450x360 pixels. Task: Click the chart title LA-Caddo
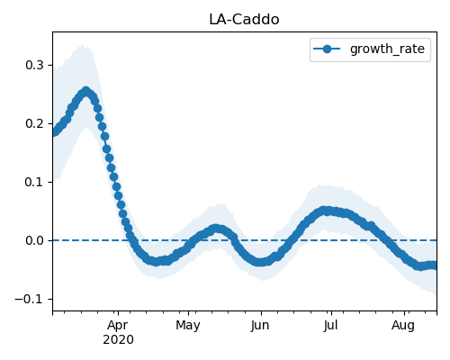click(244, 20)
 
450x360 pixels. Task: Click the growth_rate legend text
click(387, 49)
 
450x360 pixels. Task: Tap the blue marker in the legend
click(327, 49)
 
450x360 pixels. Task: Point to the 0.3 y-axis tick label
click(35, 65)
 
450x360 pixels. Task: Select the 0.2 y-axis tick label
click(35, 123)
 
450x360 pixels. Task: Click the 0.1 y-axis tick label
click(35, 182)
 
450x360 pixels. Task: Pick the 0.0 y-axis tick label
click(35, 240)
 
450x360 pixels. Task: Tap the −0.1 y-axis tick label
click(29, 299)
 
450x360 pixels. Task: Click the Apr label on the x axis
click(118, 326)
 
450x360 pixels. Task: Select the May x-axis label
click(188, 326)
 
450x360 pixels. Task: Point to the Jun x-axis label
click(260, 326)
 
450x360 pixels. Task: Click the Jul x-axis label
click(331, 326)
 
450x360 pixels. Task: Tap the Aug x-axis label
click(403, 326)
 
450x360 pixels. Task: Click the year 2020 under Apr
click(118, 340)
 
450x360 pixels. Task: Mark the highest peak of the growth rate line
click(86, 91)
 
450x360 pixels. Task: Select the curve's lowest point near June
click(260, 262)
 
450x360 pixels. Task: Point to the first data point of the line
click(54, 132)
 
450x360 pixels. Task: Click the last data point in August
click(434, 265)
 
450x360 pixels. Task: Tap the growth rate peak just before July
click(325, 211)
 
